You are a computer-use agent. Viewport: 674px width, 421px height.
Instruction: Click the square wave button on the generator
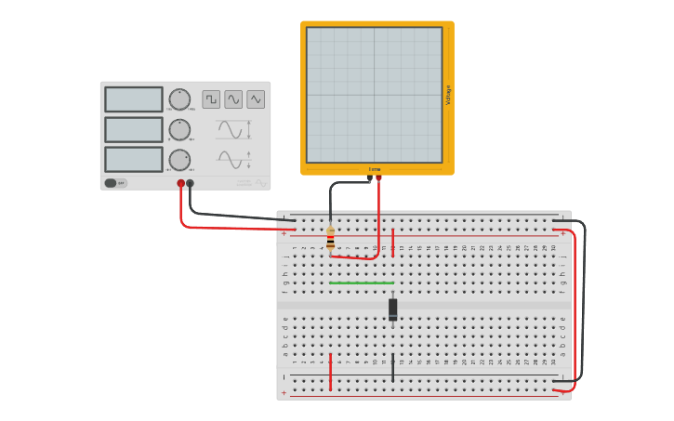211,99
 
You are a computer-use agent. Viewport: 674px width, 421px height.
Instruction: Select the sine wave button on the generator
233,99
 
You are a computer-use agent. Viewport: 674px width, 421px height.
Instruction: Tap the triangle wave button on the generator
256,99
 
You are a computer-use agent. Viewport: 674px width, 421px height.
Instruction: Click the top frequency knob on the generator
179,99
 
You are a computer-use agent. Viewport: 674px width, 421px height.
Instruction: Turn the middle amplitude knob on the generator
179,129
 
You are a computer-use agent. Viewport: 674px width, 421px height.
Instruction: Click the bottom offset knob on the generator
179,159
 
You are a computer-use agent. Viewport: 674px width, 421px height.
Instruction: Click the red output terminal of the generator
180,183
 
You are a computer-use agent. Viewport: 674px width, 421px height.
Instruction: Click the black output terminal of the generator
191,183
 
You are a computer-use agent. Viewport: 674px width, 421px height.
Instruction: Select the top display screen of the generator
134,99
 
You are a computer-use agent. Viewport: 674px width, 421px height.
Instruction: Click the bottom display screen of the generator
134,159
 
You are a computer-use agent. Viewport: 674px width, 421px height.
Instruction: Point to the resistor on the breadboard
330,240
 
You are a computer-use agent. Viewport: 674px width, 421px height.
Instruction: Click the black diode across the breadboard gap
392,309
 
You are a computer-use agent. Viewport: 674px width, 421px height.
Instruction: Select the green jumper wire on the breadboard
361,283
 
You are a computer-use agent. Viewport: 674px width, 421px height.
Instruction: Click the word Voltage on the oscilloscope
448,95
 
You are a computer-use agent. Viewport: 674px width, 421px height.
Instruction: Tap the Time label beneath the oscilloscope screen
375,169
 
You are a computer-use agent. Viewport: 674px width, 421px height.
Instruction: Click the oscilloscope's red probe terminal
378,178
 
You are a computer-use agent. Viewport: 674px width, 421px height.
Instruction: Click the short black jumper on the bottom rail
392,367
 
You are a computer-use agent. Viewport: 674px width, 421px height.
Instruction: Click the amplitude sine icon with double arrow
232,129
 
